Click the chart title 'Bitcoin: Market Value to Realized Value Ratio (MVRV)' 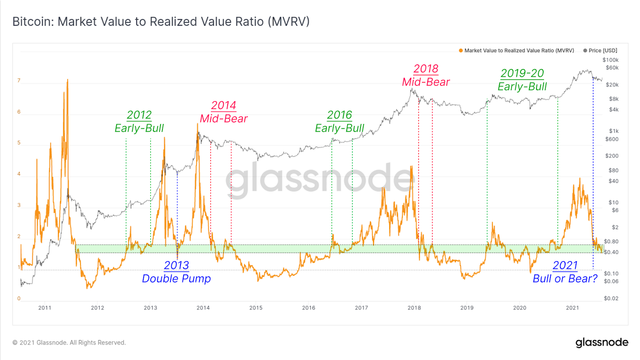[x=161, y=22]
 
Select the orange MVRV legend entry [x=516, y=50]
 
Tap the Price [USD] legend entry [x=600, y=50]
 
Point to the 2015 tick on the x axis [x=256, y=308]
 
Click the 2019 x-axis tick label [x=467, y=308]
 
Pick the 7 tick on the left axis [x=19, y=80]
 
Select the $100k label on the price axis [x=610, y=60]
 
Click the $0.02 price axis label [x=611, y=298]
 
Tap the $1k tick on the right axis [x=614, y=131]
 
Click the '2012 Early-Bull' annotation [x=139, y=122]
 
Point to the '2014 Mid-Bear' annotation [x=224, y=112]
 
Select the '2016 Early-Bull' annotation [x=340, y=122]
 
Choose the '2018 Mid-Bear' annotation [x=426, y=75]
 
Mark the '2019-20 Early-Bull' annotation [x=522, y=80]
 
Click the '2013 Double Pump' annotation [x=176, y=272]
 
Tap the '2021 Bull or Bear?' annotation [x=565, y=272]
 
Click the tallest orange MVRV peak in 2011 [x=68, y=80]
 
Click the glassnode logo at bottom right [x=602, y=342]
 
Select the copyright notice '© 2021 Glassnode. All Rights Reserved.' [x=69, y=342]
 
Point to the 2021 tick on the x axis [x=572, y=308]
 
